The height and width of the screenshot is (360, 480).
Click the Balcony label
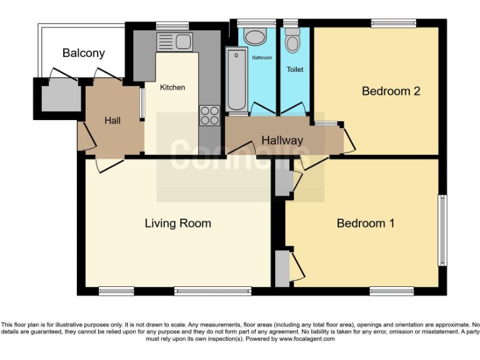pos(83,53)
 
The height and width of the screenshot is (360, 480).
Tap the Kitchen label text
pos(172,87)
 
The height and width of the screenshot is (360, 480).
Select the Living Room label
pos(177,223)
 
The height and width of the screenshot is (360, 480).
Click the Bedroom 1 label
pos(365,223)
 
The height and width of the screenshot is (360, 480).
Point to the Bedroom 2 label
pos(391,91)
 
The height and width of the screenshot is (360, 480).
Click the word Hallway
pos(282,141)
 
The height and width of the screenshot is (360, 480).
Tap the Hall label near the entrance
pos(112,121)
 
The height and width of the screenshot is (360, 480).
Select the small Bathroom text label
pos(262,57)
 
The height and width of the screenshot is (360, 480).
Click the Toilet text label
pos(295,69)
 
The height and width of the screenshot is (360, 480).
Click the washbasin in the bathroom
pos(256,36)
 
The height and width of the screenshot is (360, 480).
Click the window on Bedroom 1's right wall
pos(442,230)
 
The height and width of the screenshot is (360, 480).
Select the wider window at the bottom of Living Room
pos(212,291)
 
